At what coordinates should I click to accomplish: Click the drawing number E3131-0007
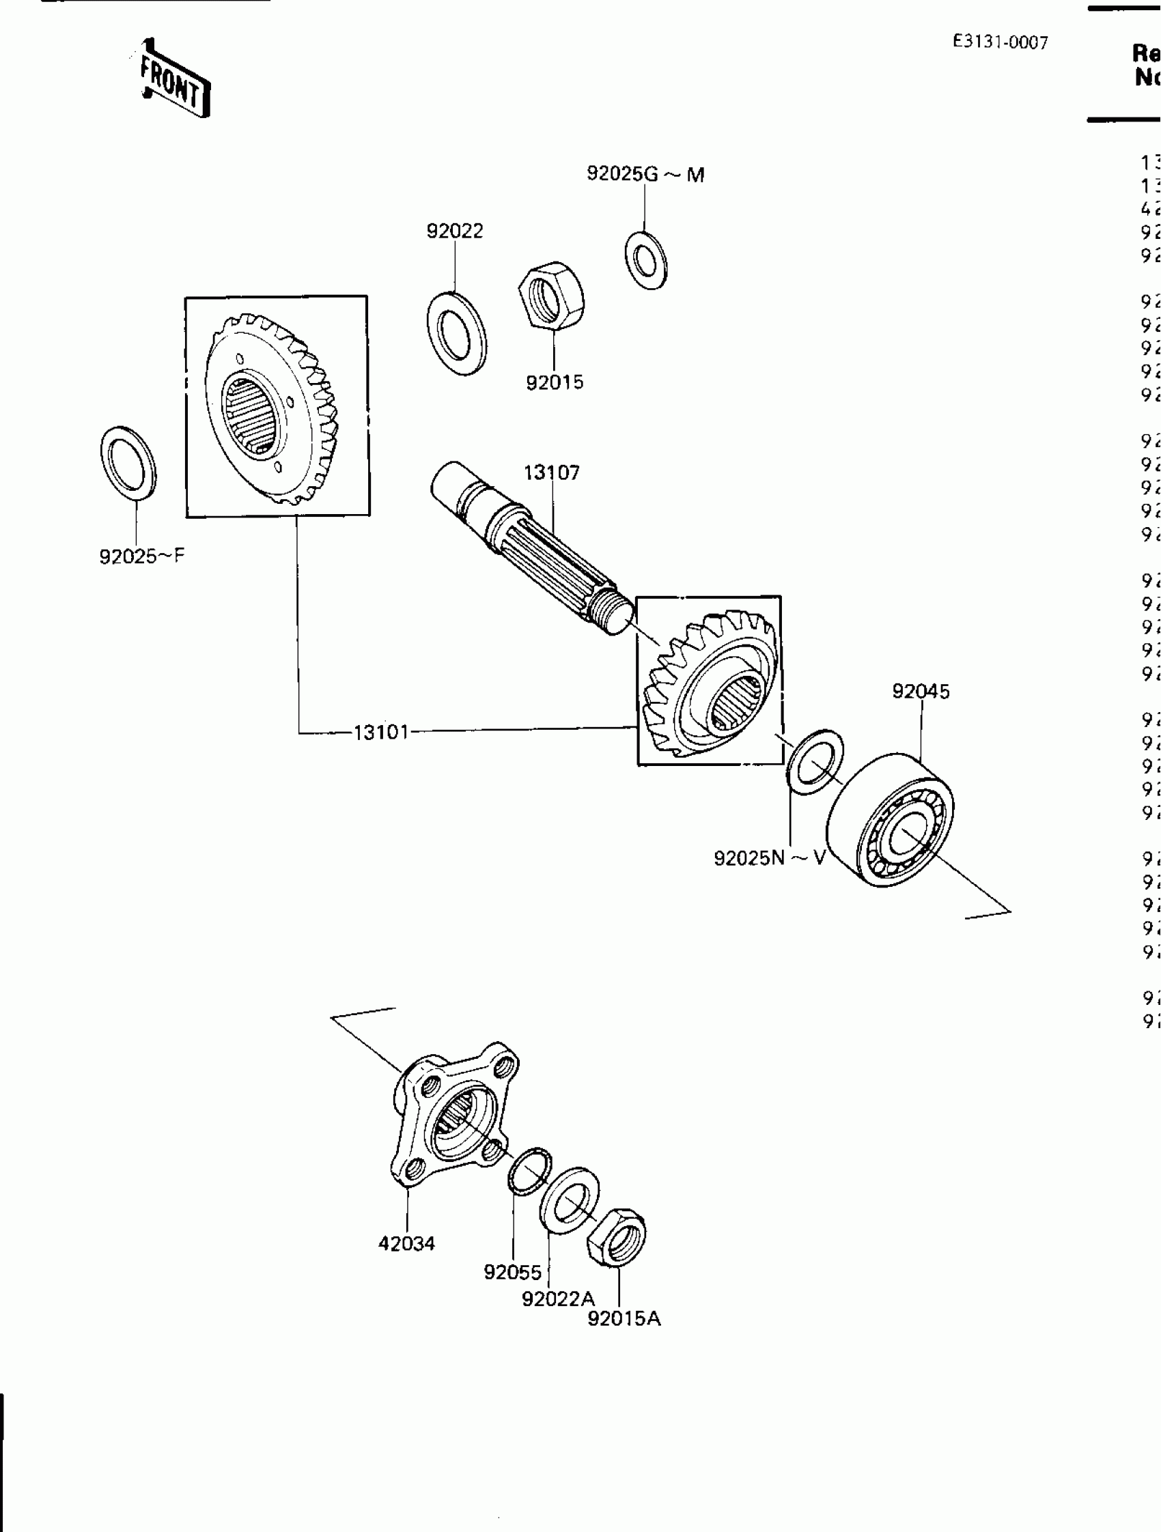coord(1000,43)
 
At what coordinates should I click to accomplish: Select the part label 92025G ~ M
coord(645,174)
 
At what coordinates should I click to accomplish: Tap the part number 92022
coord(454,231)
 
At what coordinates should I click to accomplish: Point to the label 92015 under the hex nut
coord(554,382)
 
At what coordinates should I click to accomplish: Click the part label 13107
coord(551,473)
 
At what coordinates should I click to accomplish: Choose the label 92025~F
coord(142,556)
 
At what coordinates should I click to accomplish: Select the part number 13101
coord(381,732)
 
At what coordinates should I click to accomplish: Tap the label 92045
coord(921,691)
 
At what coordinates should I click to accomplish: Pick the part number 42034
coord(406,1243)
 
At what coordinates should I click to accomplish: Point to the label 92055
coord(513,1272)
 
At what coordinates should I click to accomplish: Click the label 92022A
coord(559,1299)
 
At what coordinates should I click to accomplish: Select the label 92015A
coord(624,1319)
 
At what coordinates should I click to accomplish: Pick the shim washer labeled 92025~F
coord(128,462)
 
